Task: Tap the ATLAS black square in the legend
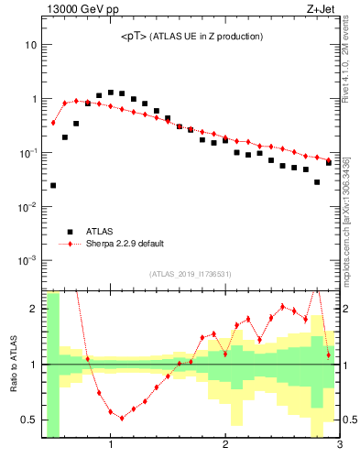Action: click(x=67, y=232)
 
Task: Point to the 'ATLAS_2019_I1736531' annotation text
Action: click(x=191, y=274)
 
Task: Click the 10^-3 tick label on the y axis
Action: click(x=27, y=260)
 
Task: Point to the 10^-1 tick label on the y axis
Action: click(x=27, y=153)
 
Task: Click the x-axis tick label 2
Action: click(x=225, y=446)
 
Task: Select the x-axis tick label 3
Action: click(x=339, y=446)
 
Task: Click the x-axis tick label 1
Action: click(x=111, y=446)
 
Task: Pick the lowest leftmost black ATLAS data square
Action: click(x=53, y=185)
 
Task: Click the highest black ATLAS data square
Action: click(x=111, y=93)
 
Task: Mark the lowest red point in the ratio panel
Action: click(x=122, y=418)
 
